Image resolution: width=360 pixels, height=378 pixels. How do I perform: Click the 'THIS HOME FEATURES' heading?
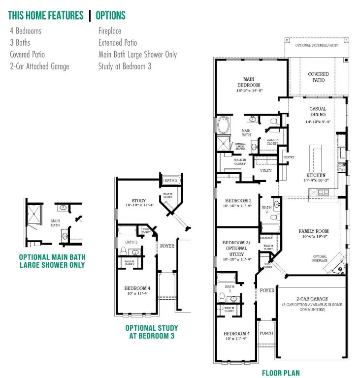46,15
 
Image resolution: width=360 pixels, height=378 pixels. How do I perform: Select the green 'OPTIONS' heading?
110,15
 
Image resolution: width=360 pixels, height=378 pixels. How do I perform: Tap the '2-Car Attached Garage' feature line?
39,66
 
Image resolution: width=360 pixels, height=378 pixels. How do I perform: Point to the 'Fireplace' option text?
109,31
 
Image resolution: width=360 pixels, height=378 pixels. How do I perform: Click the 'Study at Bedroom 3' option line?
125,66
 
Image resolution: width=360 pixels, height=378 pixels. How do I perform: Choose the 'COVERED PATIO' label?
318,77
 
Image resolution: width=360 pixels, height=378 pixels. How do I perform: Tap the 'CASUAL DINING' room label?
318,112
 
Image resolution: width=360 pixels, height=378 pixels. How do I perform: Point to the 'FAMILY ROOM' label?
313,231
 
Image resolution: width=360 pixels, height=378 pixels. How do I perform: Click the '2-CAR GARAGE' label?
312,299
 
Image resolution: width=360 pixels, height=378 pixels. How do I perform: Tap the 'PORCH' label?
266,333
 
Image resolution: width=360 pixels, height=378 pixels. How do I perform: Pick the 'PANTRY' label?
288,157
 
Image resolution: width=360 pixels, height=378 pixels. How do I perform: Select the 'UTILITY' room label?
265,170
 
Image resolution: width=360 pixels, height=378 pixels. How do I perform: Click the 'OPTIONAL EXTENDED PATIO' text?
317,45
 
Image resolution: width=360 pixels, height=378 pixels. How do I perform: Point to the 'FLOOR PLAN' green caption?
281,373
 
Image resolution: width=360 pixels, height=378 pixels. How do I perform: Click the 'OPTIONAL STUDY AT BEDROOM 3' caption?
152,332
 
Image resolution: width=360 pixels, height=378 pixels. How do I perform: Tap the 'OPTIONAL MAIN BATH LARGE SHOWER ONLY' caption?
52,261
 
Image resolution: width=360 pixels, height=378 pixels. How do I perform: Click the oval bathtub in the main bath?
223,125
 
